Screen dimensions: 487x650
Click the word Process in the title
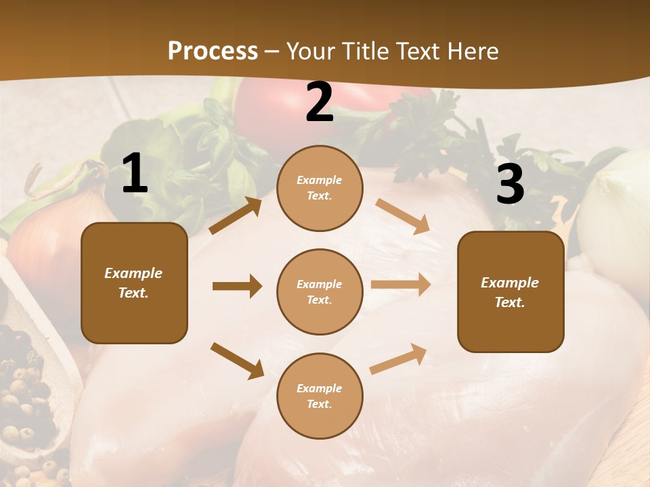(x=213, y=51)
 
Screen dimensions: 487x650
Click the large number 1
(x=135, y=174)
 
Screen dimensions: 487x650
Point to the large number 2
(x=320, y=102)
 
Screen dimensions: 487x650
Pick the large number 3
(x=510, y=185)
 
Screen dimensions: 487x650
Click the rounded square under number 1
(x=134, y=283)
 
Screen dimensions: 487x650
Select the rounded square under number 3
(x=511, y=292)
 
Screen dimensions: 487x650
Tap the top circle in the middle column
(x=320, y=188)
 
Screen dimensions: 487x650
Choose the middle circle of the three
(x=320, y=292)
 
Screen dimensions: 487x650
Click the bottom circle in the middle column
(x=320, y=396)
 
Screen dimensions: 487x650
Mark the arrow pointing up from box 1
(x=236, y=216)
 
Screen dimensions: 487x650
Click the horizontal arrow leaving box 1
(x=237, y=286)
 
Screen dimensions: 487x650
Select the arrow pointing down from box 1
(x=237, y=361)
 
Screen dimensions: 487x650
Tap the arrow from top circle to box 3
(x=403, y=216)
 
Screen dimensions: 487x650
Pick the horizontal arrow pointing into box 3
(x=401, y=285)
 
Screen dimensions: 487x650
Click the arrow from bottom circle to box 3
(x=399, y=359)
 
